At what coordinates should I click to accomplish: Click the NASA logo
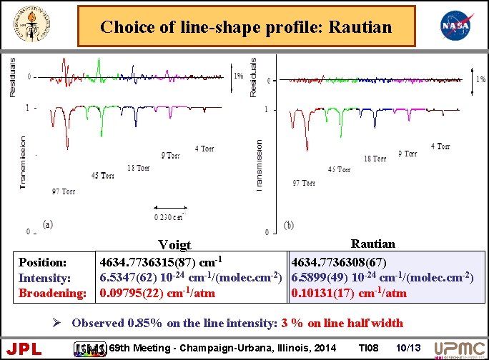click(456, 27)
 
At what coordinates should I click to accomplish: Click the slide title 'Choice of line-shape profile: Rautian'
click(246, 27)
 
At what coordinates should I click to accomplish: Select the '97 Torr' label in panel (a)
click(63, 191)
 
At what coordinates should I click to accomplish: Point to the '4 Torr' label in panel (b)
click(440, 146)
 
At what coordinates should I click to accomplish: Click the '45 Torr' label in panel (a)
click(103, 176)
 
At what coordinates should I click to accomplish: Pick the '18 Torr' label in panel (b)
click(375, 159)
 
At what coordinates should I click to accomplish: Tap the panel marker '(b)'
click(288, 225)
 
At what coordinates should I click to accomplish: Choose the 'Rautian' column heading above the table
click(373, 244)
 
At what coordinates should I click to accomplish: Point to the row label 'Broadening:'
click(52, 294)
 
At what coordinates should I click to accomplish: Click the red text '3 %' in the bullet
click(292, 323)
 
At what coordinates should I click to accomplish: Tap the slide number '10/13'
click(407, 347)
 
